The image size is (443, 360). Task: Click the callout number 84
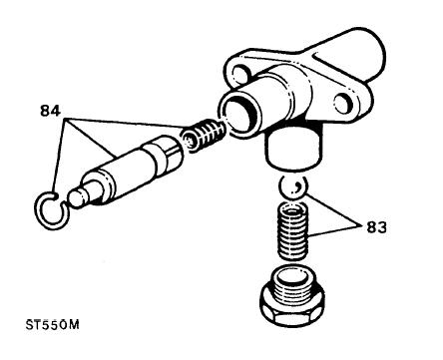coord(50,111)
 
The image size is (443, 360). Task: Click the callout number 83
coord(376,227)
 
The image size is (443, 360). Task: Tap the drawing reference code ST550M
coord(53,325)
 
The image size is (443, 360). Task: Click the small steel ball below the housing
coord(292,187)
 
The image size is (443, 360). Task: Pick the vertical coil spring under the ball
coord(292,230)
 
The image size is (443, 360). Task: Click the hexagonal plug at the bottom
coord(292,296)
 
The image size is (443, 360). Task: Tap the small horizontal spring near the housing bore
coord(204,136)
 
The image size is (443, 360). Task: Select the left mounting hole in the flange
coord(239,73)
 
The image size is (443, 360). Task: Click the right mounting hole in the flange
coord(342,104)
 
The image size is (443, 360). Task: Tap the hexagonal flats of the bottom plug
coord(292,311)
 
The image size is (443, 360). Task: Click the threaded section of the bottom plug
coord(292,284)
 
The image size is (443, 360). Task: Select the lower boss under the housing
coord(294,148)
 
